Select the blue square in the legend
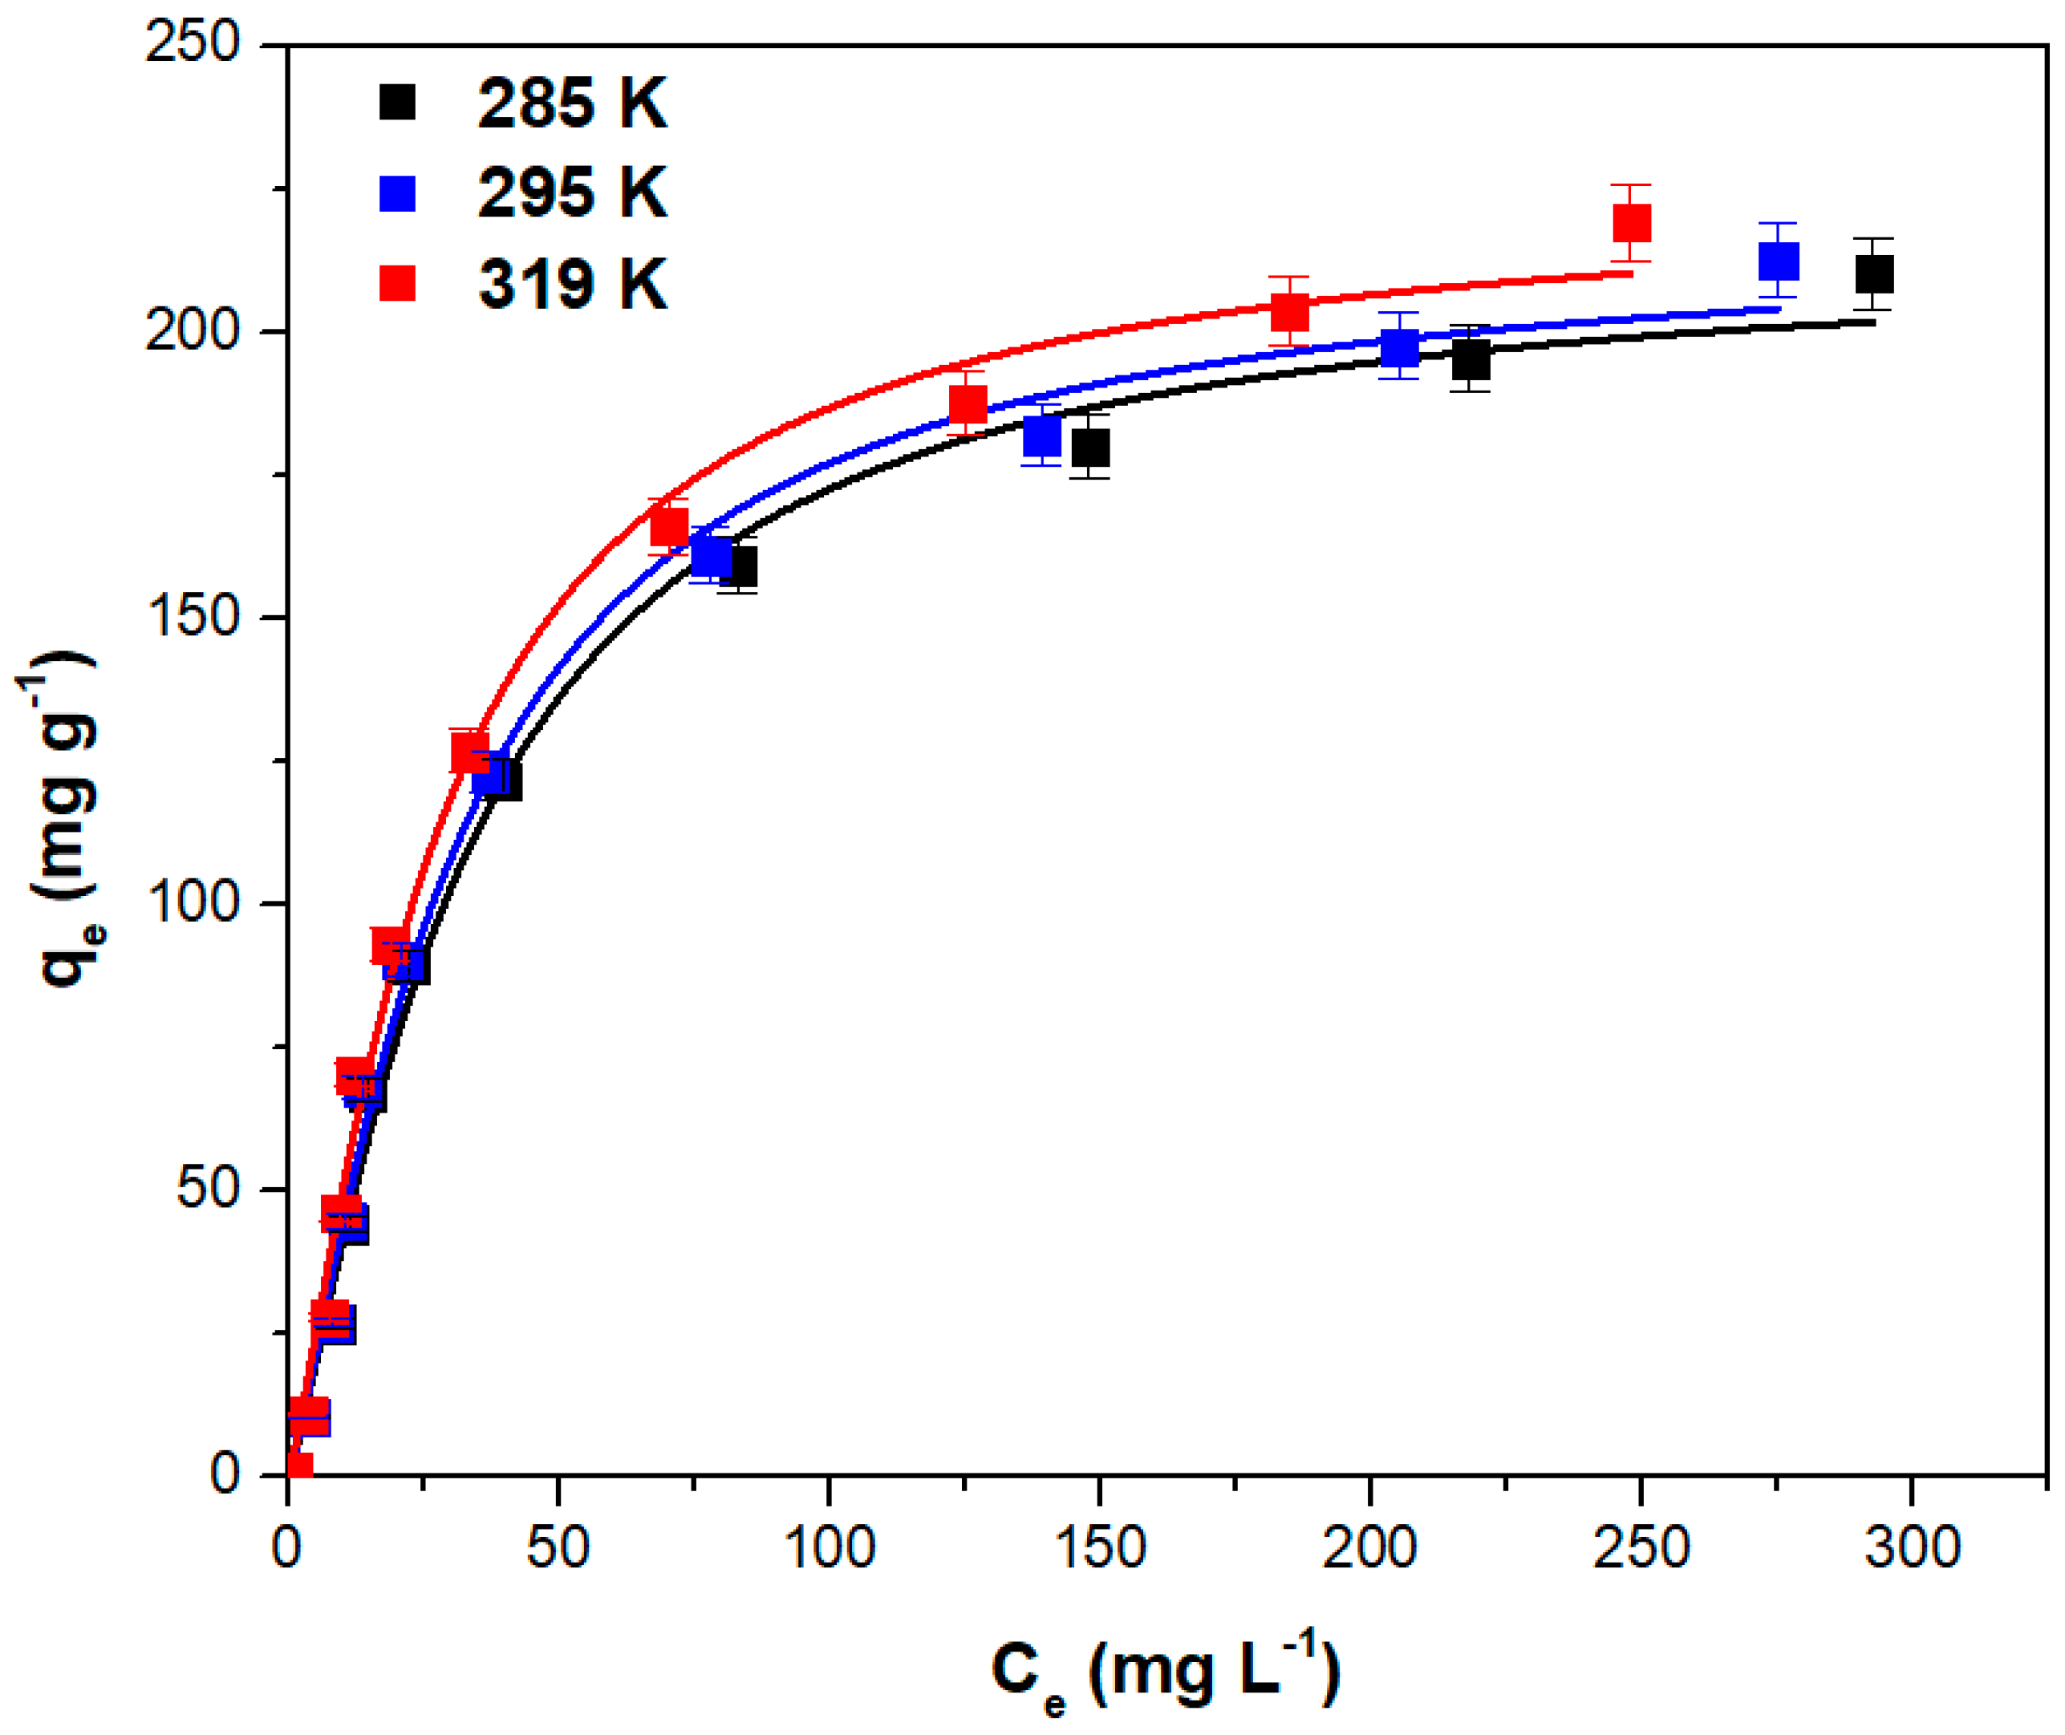point(397,193)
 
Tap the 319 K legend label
point(571,284)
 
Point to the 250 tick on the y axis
point(193,44)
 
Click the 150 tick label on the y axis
point(193,617)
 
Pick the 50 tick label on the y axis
point(209,1188)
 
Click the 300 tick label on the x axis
point(1912,1548)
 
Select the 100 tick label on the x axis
point(829,1548)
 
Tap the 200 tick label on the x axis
point(1369,1548)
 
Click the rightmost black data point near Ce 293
point(1874,274)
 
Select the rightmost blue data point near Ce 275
point(1778,261)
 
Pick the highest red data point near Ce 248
point(1631,223)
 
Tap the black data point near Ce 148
point(1090,448)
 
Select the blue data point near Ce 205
point(1400,347)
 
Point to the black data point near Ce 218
point(1471,360)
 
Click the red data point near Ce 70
point(669,527)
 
